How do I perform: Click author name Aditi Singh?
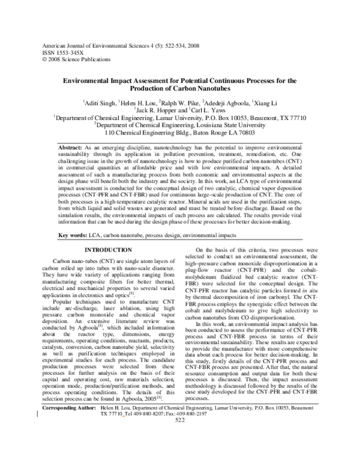(x=101, y=104)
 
